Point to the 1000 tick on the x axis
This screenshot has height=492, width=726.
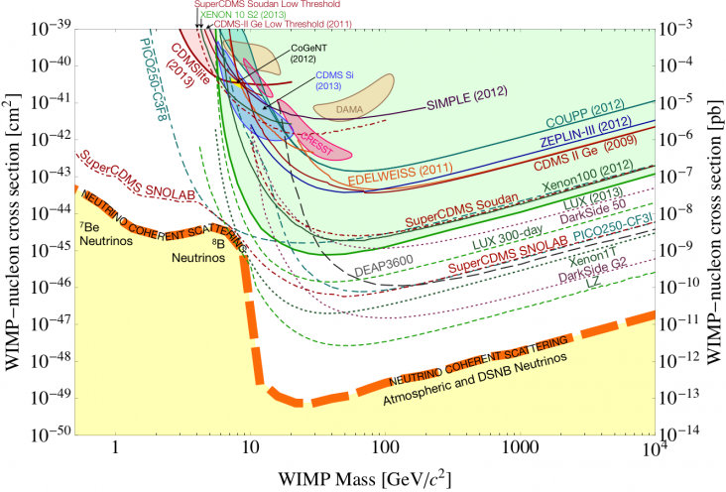513,446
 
